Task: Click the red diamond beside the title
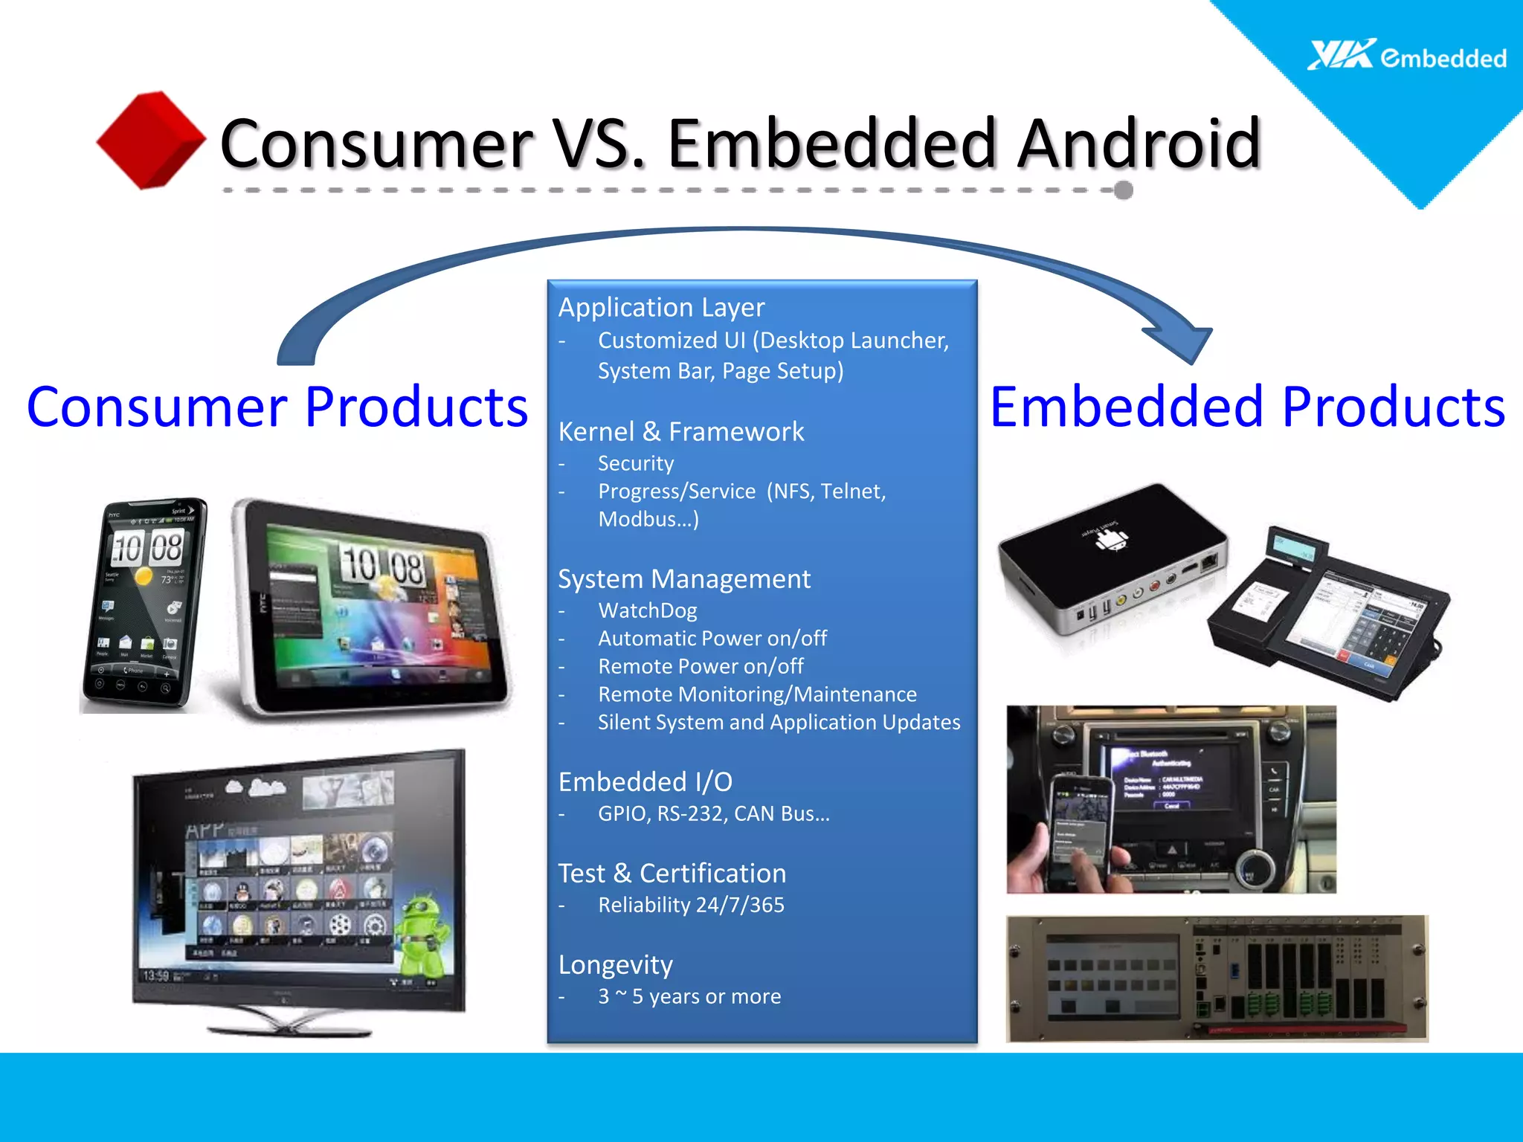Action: tap(151, 140)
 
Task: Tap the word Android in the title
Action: tap(1139, 143)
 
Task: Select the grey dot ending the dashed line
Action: tap(1123, 190)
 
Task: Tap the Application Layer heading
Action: tap(661, 307)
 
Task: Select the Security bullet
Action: tap(636, 463)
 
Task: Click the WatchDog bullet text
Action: tap(647, 610)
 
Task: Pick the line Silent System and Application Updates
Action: tap(779, 722)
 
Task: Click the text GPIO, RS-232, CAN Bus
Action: tap(713, 813)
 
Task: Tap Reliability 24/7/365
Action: tap(691, 905)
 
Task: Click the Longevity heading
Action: tap(615, 964)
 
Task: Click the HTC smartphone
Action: tap(143, 604)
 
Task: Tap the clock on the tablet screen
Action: tap(384, 567)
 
